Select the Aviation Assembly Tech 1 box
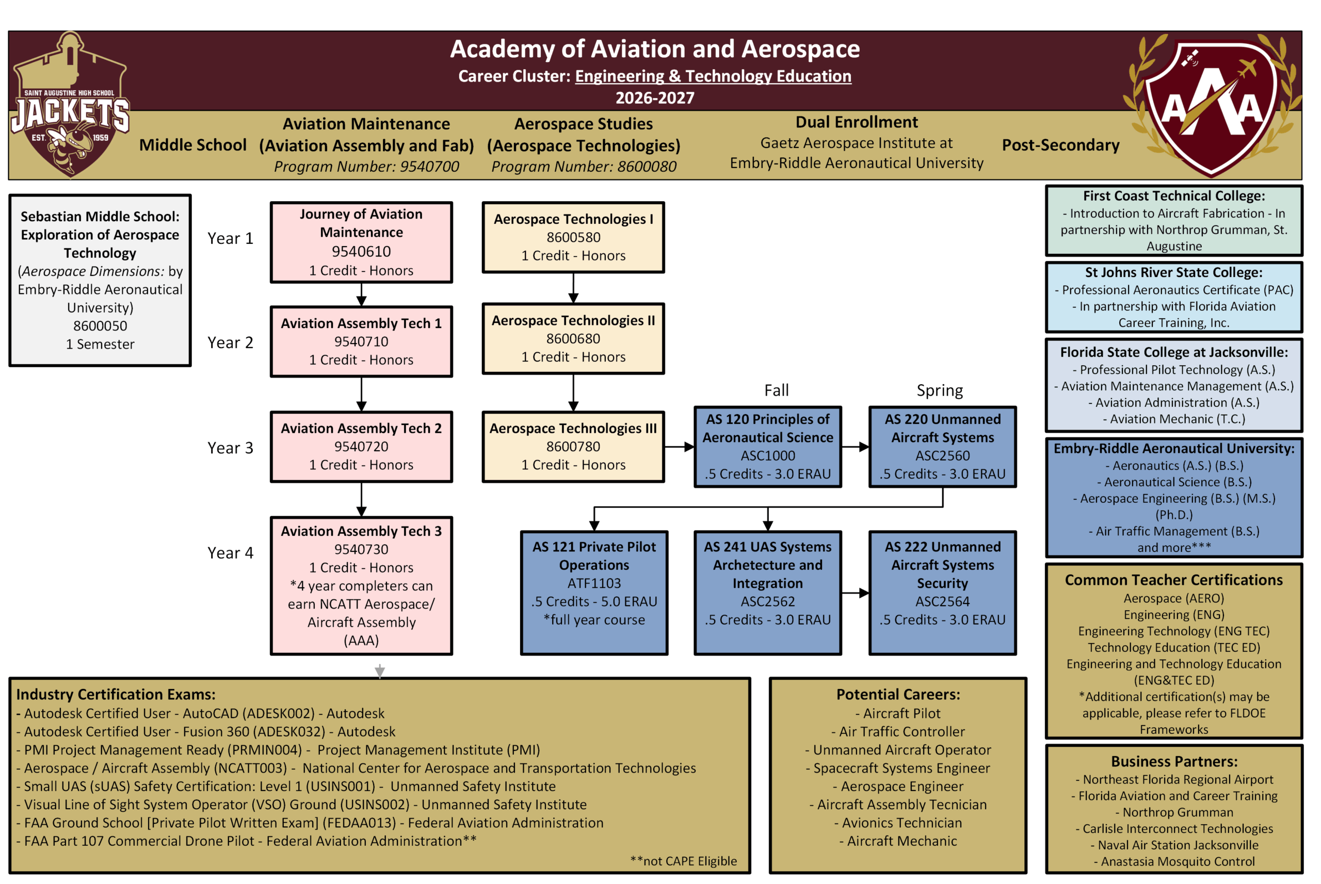[361, 341]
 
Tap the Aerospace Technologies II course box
[573, 339]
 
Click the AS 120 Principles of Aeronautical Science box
[767, 447]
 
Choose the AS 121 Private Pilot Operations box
[594, 593]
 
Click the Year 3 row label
[230, 448]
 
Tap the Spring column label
[939, 391]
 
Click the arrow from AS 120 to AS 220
[855, 447]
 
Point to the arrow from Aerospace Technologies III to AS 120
[679, 447]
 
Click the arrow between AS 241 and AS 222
[855, 593]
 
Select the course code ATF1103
[594, 583]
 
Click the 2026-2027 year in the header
[654, 98]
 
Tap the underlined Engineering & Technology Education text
[713, 76]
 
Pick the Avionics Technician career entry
[901, 823]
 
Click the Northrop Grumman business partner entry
[1177, 812]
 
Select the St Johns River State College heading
[1173, 273]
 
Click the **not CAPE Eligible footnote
[683, 861]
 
